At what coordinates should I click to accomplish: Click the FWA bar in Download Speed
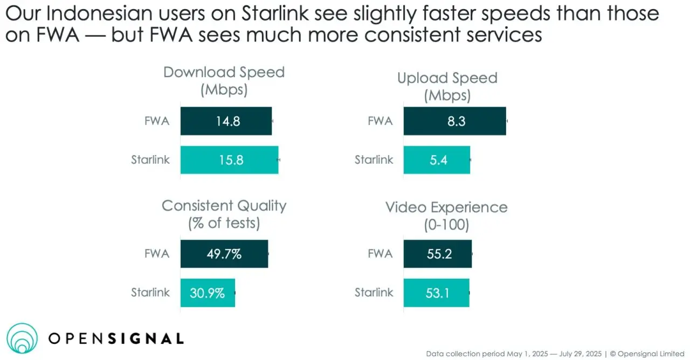click(x=226, y=121)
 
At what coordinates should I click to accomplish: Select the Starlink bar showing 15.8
click(x=229, y=160)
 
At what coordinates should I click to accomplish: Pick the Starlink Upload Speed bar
click(x=437, y=160)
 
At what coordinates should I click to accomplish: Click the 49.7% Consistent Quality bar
click(x=224, y=254)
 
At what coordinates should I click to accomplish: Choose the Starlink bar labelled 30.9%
click(x=208, y=293)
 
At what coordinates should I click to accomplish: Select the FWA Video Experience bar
click(x=437, y=254)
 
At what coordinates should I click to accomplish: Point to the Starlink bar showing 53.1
click(x=436, y=293)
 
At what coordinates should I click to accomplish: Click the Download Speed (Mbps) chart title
click(x=224, y=80)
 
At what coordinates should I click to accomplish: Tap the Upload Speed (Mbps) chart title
click(x=447, y=86)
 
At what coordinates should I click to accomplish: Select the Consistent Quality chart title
click(x=224, y=213)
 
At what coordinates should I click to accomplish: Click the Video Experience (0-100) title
click(x=446, y=215)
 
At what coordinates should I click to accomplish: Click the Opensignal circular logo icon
click(x=23, y=338)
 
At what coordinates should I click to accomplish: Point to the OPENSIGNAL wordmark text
click(x=116, y=338)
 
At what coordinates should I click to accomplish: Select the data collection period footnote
click(x=555, y=354)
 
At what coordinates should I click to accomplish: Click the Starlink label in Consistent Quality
click(x=150, y=293)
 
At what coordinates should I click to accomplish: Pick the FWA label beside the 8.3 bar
click(x=380, y=121)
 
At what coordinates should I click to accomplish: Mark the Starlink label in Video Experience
click(x=374, y=293)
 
